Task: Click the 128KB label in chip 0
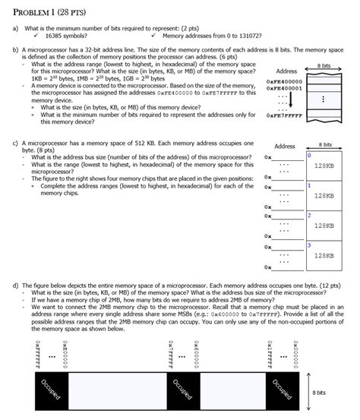324,166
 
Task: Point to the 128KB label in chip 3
324,255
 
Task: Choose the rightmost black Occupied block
282,391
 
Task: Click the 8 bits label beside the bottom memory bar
320,393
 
